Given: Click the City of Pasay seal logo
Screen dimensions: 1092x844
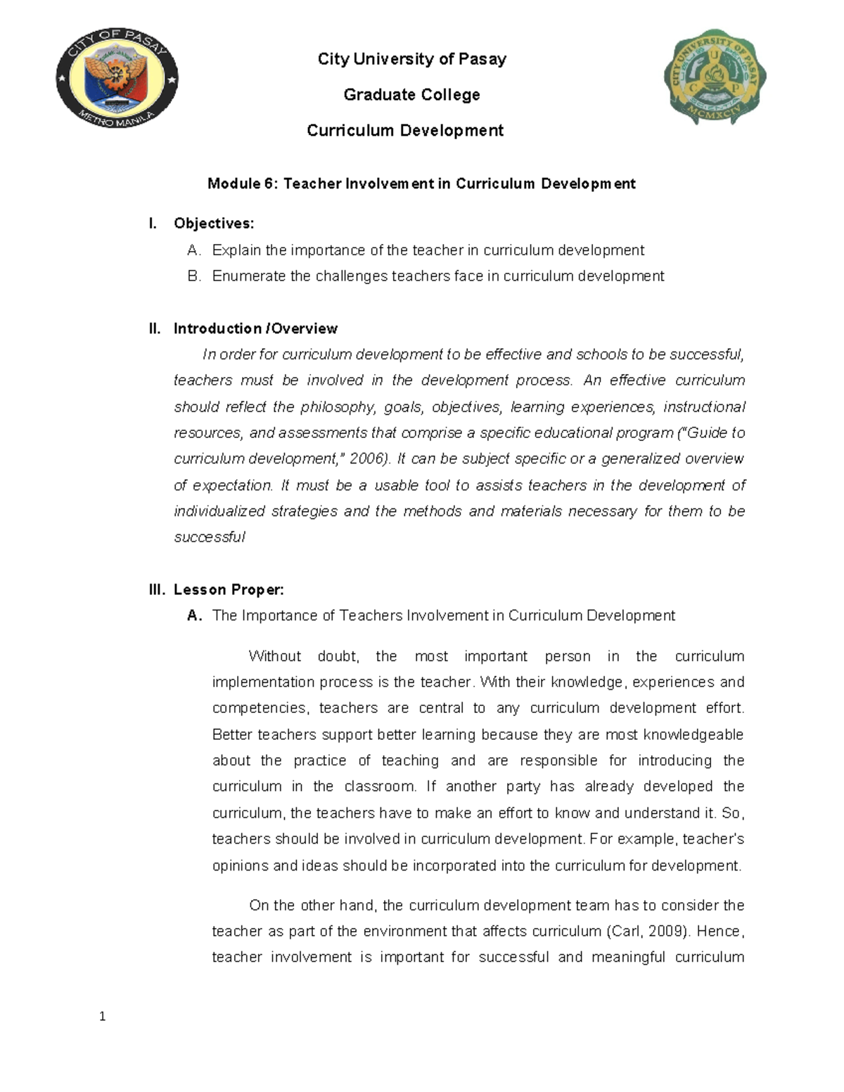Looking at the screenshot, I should click(x=117, y=79).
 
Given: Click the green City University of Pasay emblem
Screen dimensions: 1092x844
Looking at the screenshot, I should click(x=715, y=79).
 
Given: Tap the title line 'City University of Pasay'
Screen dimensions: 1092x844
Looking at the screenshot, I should click(x=411, y=59).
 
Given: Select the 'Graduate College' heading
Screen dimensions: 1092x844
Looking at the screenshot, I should click(x=411, y=95).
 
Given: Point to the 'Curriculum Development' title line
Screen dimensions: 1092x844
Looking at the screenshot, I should click(x=405, y=131).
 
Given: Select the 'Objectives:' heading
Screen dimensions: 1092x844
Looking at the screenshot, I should click(x=214, y=224).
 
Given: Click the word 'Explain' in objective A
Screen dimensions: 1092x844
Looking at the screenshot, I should click(x=236, y=250).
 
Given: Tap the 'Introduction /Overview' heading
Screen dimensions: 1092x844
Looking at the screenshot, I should click(x=255, y=328).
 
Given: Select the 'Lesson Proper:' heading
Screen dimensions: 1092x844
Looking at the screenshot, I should click(x=229, y=590).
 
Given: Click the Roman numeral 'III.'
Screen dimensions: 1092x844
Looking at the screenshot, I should click(x=157, y=590).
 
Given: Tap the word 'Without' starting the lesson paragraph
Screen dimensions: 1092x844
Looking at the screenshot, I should click(x=274, y=657).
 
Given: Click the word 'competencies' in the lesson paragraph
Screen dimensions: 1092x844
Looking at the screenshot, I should click(x=260, y=708).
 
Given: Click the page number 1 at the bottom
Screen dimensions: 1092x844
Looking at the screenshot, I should click(x=103, y=1016).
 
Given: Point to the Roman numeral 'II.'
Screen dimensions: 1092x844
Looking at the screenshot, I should click(x=155, y=328).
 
